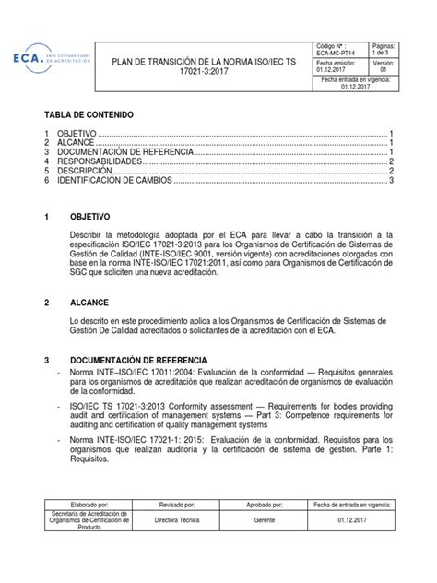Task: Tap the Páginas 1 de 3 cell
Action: click(x=384, y=49)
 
